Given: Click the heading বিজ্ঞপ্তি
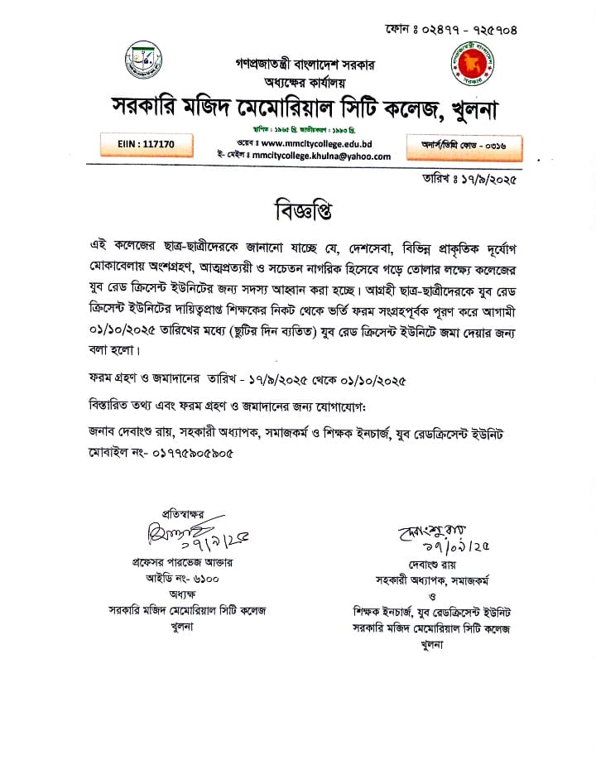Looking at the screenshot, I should pyautogui.click(x=297, y=209).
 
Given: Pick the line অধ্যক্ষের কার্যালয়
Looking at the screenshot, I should pyautogui.click(x=298, y=82).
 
